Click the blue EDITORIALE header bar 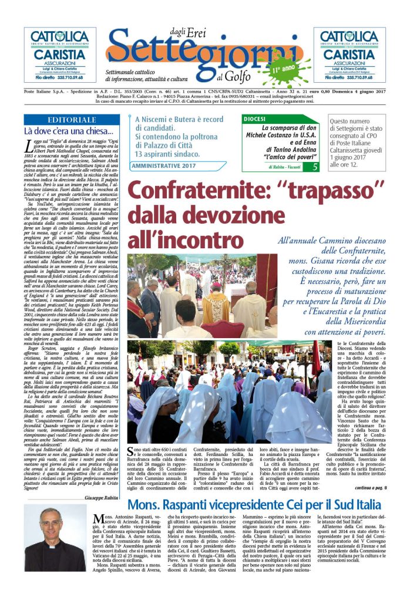69,119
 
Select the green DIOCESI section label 260,119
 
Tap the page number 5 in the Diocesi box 315,167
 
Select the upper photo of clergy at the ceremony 203,295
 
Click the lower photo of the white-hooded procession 229,391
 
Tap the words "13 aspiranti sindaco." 168,154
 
